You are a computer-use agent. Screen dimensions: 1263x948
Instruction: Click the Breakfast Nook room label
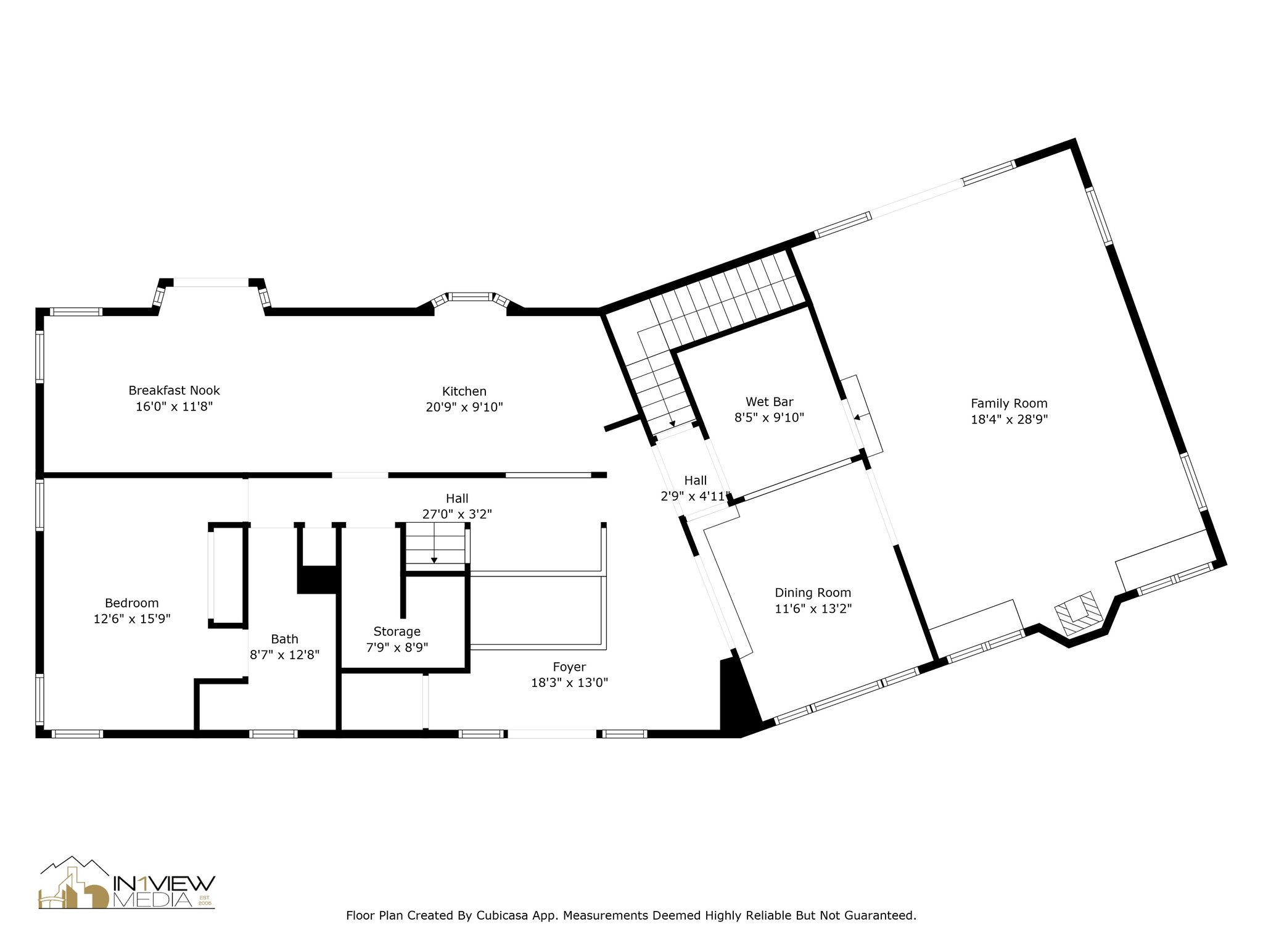[x=174, y=391]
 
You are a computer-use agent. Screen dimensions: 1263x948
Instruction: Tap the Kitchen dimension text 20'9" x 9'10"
[x=464, y=407]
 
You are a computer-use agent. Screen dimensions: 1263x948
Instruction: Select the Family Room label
[x=1009, y=404]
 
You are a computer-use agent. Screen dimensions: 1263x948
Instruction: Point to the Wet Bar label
[x=769, y=402]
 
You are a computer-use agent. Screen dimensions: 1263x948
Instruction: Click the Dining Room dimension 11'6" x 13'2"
[x=813, y=609]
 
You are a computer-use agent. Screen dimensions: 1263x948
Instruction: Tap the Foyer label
[x=569, y=667]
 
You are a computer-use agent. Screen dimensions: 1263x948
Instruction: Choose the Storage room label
[x=397, y=632]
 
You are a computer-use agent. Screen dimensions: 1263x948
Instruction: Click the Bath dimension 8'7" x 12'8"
[x=284, y=655]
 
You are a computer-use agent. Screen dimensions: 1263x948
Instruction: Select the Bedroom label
[x=131, y=603]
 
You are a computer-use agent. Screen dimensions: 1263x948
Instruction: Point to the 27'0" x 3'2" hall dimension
[x=457, y=514]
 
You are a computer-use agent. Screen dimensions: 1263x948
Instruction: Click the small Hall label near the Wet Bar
[x=696, y=480]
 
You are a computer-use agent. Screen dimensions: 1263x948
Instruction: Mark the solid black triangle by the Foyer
[x=740, y=697]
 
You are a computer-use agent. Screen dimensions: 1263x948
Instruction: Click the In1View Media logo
[x=127, y=882]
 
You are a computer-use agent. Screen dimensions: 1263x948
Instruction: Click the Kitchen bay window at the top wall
[x=471, y=301]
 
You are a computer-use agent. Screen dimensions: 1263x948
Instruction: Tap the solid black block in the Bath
[x=317, y=580]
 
